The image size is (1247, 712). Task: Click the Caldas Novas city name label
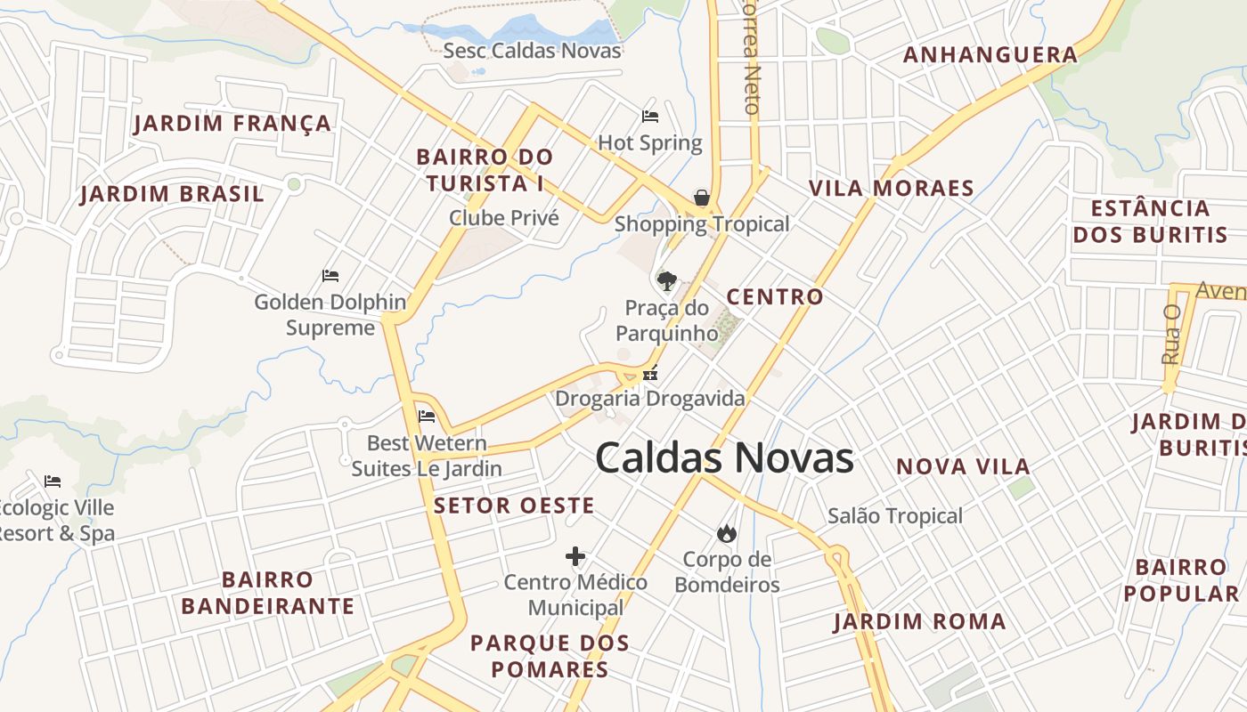(x=724, y=458)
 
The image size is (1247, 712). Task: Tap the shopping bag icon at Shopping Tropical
(x=702, y=198)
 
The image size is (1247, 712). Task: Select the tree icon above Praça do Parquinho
(x=666, y=281)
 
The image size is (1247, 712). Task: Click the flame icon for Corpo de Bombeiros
(x=727, y=533)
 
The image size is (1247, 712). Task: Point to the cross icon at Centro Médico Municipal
(x=575, y=556)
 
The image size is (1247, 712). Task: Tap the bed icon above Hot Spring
(x=650, y=117)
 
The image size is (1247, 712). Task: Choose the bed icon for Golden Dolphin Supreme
(x=330, y=276)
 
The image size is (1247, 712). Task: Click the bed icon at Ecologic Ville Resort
(x=53, y=481)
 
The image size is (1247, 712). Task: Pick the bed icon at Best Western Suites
(x=427, y=416)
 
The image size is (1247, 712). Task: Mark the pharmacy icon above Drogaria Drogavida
(x=651, y=374)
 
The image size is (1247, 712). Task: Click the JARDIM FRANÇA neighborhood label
(x=233, y=123)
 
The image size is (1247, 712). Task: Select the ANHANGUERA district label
(x=990, y=55)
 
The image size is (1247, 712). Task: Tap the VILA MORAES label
(x=891, y=188)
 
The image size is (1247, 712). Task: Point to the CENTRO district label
(x=775, y=296)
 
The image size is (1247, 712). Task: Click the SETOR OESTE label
(x=514, y=506)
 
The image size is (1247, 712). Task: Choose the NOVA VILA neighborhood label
(x=963, y=466)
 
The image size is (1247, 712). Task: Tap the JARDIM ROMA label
(x=919, y=621)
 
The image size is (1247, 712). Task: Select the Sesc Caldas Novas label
(x=532, y=51)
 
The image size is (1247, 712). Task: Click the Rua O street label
(x=1171, y=335)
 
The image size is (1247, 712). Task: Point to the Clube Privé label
(x=503, y=218)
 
